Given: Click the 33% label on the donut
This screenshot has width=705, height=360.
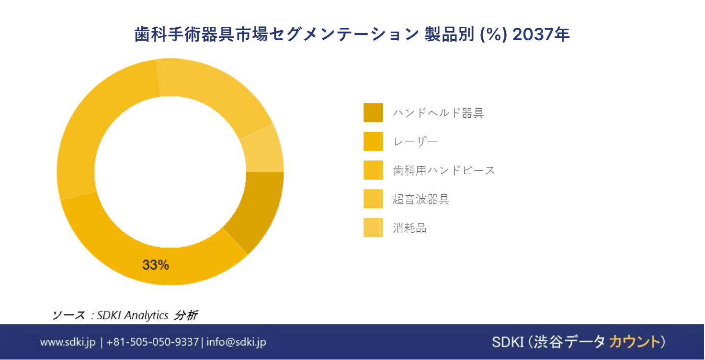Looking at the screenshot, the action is [x=156, y=265].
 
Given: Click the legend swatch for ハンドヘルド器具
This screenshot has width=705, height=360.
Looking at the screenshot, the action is [x=373, y=112].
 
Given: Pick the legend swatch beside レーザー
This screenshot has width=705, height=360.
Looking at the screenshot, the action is [x=373, y=141].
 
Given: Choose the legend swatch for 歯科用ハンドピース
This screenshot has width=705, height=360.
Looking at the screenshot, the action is [x=373, y=170].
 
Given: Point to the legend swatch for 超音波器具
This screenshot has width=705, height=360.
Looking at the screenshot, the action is [x=373, y=199].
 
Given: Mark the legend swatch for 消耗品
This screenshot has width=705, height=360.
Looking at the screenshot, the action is [x=373, y=227].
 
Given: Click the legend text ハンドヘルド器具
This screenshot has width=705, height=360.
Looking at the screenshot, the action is [x=438, y=112].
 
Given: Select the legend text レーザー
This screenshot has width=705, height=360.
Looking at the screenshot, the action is [x=415, y=142].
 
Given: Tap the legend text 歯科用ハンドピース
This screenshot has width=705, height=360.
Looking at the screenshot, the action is [x=444, y=170].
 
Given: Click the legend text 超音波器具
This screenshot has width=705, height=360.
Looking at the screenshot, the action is [x=421, y=199].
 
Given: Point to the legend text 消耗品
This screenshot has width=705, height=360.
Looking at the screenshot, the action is [x=409, y=228].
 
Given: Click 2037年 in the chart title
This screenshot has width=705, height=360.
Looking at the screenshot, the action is [x=541, y=34].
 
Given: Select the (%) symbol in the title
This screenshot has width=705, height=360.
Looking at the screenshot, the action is [x=493, y=34].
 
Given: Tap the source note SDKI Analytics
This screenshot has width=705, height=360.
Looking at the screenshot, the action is [x=133, y=315].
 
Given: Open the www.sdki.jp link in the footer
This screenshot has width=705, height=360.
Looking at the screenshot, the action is [x=68, y=342].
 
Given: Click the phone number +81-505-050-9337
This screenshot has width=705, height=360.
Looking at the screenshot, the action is [x=153, y=342].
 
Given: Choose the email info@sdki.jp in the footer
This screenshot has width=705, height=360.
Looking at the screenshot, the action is [x=236, y=342].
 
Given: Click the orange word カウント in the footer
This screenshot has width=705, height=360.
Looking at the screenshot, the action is [x=635, y=342].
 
